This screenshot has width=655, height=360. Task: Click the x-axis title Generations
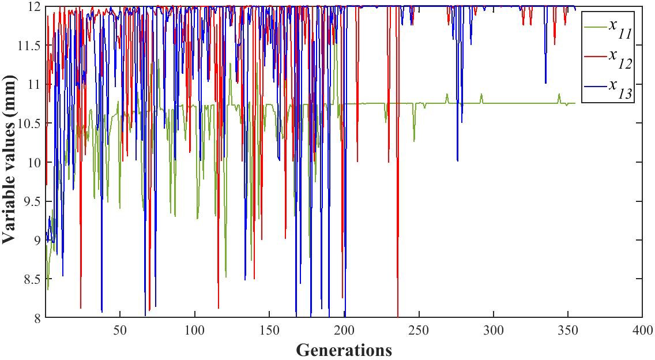click(344, 350)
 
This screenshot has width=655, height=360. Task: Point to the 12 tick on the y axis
click(34, 7)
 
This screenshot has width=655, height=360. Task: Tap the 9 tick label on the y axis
click(36, 240)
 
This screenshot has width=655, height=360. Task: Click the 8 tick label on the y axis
click(36, 317)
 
